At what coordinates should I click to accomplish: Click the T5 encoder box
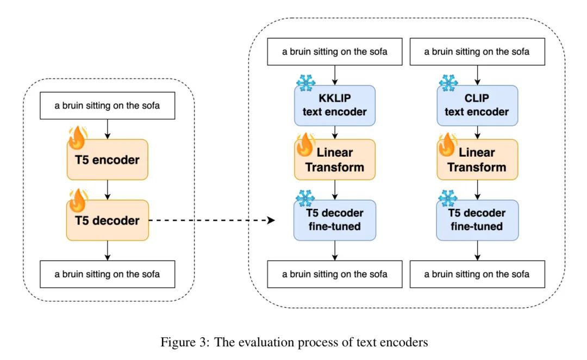pos(107,160)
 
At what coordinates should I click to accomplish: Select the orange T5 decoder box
pos(107,221)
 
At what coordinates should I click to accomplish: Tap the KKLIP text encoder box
pos(335,105)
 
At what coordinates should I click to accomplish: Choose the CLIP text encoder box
pos(477,105)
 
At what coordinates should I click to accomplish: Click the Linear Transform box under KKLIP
pos(335,160)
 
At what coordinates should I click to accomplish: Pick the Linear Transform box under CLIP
pos(477,160)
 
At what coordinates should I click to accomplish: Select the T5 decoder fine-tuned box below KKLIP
pos(335,220)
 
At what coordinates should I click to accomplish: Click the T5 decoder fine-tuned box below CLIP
pos(477,220)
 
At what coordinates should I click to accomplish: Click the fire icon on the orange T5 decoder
pos(77,200)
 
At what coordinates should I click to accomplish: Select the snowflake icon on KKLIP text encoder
pos(305,83)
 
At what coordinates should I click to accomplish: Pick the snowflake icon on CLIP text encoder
pos(448,83)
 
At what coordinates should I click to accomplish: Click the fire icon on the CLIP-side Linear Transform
pos(447,145)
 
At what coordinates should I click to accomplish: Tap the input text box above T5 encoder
pos(107,105)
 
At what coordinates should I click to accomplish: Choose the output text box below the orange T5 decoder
pos(107,274)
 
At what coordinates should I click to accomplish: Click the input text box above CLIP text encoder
pos(477,52)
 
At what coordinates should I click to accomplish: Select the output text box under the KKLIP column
pos(335,274)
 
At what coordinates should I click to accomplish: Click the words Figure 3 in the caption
pos(178,343)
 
